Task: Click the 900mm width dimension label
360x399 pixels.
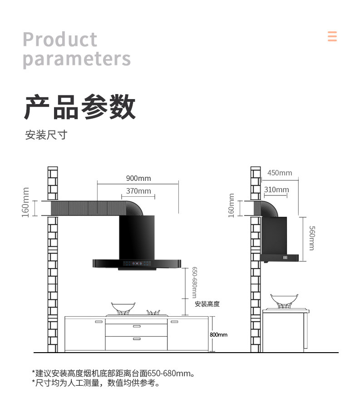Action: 138,178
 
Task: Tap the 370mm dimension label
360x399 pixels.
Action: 138,191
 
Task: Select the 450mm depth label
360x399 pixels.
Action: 280,173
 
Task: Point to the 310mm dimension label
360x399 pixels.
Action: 276,190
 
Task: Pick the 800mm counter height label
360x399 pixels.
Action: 219,335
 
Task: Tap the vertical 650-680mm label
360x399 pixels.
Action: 194,283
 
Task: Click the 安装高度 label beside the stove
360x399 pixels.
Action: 207,304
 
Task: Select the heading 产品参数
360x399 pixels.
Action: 79,107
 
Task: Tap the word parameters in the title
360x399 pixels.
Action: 77,59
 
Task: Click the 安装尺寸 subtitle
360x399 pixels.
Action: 46,135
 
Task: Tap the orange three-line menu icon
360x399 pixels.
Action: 332,36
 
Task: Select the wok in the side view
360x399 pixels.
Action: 284,299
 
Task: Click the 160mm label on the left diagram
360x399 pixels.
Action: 26,202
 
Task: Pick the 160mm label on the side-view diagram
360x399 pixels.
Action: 232,205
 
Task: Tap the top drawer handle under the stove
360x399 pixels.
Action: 136,326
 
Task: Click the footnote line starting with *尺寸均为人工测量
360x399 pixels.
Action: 96,384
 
